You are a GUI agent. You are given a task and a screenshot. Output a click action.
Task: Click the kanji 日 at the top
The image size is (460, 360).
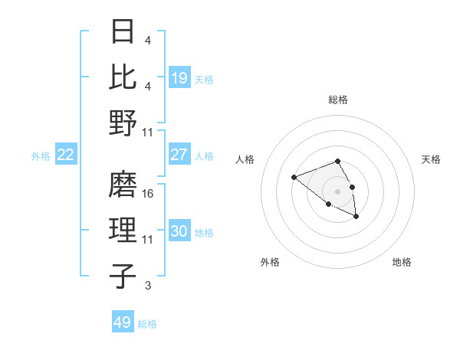pos(123,32)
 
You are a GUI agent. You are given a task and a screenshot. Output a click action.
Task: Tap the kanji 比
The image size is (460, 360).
pos(123,77)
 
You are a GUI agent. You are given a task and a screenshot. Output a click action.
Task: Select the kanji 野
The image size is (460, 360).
pos(123,123)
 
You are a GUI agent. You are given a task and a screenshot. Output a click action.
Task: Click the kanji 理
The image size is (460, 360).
pos(123,231)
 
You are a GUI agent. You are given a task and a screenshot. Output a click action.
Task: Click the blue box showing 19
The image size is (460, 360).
pos(179,77)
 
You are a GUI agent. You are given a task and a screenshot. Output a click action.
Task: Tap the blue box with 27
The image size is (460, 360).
pos(179,155)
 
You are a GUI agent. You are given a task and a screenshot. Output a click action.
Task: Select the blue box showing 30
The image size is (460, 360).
pos(179,231)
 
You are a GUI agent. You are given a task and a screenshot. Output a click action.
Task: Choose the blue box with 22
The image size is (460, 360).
pos(66,155)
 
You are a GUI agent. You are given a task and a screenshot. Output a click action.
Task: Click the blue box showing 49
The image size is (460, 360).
pos(123,322)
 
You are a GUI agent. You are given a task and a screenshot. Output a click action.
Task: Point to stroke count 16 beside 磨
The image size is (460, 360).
pos(149,195)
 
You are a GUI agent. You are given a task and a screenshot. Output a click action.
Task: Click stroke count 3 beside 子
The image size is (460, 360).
pos(148,286)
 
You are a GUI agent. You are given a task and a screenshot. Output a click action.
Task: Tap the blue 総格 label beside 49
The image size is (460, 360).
pos(147,324)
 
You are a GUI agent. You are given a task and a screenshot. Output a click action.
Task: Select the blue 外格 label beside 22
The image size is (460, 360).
pos(41,156)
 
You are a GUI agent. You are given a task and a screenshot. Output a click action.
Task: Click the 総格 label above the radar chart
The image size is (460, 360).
pos(338,100)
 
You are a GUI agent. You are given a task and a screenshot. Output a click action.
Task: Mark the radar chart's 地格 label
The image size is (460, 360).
pos(402,262)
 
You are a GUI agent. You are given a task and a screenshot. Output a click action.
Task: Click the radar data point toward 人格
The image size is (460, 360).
pos(294,178)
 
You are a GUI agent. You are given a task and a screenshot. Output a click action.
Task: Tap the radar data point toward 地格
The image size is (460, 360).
pos(356,217)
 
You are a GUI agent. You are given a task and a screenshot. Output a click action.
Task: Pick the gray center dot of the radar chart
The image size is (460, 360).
pos(338,191)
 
